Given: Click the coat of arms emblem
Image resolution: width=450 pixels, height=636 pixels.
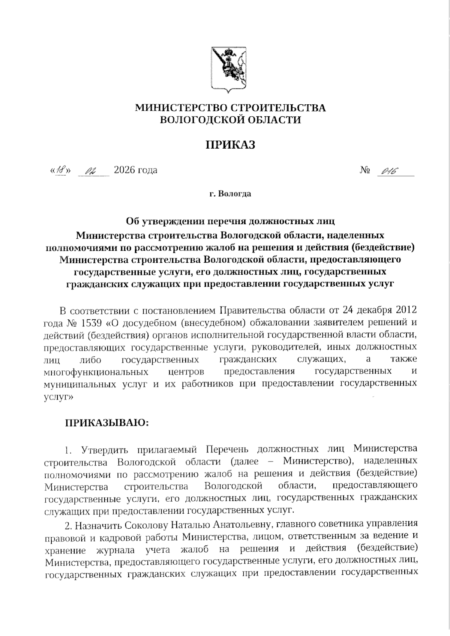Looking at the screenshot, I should [x=228, y=69].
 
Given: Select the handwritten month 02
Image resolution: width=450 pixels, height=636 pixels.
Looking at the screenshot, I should [x=91, y=171].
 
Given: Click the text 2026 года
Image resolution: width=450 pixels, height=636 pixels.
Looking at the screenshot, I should [x=135, y=170].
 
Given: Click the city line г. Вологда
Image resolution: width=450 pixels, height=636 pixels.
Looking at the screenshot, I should [x=230, y=194].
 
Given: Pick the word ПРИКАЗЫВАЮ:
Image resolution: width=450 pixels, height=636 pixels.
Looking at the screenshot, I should [x=108, y=423].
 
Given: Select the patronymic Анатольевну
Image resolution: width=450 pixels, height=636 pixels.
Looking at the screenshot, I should [x=244, y=523].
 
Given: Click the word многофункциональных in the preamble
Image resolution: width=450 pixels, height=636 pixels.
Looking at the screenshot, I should [x=95, y=372].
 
